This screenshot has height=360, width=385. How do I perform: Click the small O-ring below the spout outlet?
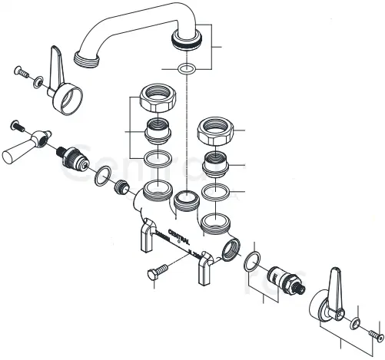tap(184, 70)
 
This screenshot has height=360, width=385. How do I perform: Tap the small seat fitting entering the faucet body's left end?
tap(120, 187)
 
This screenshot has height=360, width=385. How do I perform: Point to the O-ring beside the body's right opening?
tap(251, 263)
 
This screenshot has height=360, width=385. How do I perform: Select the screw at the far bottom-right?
tap(374, 335)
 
